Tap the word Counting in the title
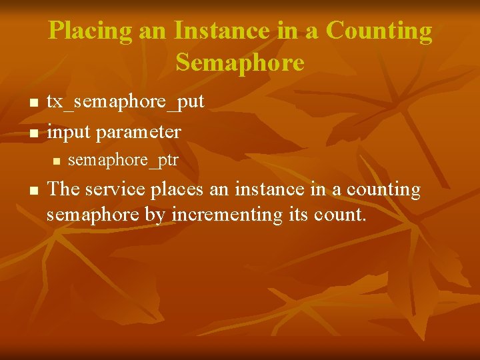(379, 31)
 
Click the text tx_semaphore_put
(125, 102)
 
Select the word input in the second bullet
(69, 132)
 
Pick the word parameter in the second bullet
(138, 132)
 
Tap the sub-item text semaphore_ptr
(123, 161)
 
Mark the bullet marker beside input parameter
(33, 133)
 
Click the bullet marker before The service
(33, 191)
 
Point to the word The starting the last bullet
(63, 189)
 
